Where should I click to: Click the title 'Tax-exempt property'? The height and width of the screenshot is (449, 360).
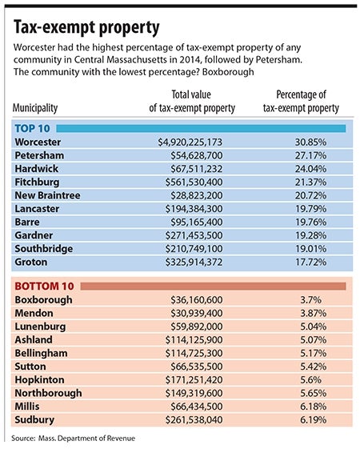[x=86, y=28]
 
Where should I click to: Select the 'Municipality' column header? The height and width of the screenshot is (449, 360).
[x=35, y=108]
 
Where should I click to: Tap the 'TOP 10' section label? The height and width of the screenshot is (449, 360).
[x=32, y=129]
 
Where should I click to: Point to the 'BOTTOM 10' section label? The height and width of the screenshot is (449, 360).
[x=44, y=286]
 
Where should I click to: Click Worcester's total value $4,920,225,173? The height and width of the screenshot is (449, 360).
[x=190, y=142]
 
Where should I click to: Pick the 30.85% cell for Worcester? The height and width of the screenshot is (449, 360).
[x=310, y=142]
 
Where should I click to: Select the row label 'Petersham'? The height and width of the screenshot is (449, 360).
[x=39, y=155]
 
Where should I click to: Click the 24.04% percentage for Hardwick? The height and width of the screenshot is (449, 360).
[x=310, y=169]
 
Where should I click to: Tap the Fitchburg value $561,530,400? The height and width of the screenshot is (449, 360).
[x=194, y=182]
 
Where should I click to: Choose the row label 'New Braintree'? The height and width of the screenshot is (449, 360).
[x=47, y=195]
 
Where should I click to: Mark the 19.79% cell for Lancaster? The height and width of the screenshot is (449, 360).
[x=310, y=209]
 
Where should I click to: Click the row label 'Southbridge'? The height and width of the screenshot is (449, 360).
[x=44, y=249]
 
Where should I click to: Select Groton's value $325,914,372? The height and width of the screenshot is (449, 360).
[x=194, y=262]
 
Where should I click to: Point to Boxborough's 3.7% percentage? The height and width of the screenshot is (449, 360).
[x=310, y=300]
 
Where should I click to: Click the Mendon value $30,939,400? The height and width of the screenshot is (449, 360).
[x=197, y=313]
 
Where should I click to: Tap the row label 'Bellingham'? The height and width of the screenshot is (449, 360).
[x=42, y=354]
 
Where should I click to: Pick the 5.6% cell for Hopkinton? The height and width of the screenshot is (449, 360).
[x=310, y=380]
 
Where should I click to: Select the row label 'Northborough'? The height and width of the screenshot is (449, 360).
[x=48, y=393]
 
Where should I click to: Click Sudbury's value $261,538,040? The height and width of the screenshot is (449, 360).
[x=194, y=420]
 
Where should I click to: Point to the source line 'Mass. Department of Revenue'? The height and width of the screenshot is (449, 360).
[x=86, y=438]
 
